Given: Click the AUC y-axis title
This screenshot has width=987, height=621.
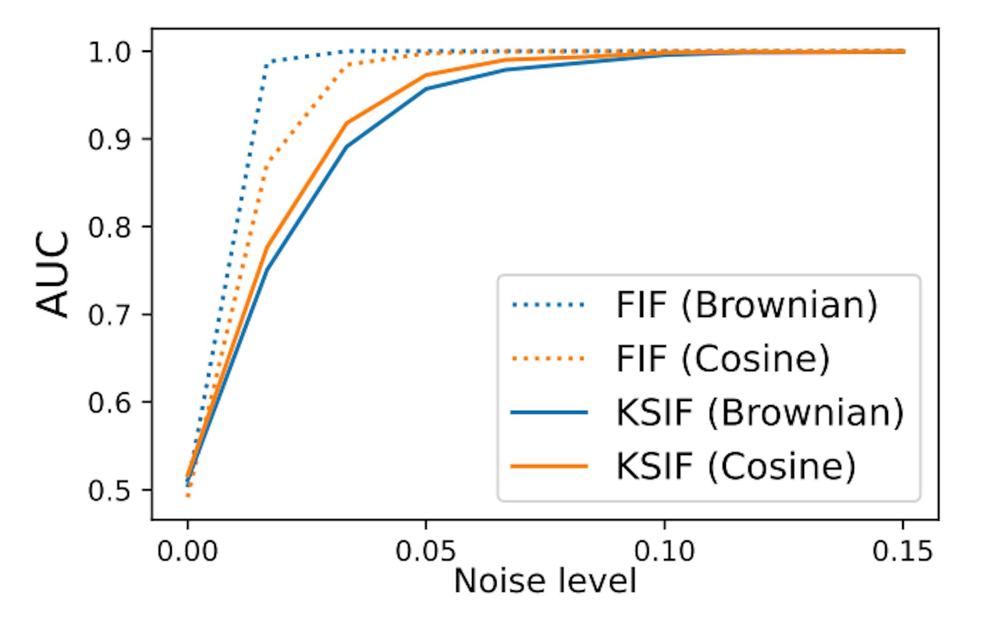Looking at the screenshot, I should point(53,274).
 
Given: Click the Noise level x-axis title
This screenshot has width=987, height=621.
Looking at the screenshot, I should point(545,581).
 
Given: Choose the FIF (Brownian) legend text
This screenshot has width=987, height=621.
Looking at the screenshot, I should point(746,305).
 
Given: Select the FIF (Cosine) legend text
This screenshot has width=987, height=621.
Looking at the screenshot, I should point(723,359).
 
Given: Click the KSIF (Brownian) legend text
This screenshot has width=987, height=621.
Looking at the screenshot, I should point(759,412).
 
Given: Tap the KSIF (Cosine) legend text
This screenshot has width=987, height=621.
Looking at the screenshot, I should point(736,466).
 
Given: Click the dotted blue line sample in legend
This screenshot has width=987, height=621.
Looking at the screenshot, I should point(549,305).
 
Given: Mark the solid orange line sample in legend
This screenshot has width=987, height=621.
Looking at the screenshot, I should point(549,466).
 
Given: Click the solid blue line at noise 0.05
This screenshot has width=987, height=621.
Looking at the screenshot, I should point(426,89).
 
